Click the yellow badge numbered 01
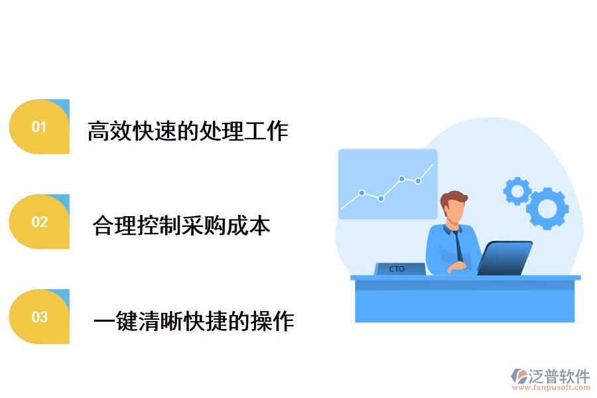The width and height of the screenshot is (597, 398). point(39,127)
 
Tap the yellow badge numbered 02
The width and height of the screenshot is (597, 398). point(39,222)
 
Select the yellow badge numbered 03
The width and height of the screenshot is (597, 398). point(39,316)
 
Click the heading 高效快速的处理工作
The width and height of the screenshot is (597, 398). point(188,131)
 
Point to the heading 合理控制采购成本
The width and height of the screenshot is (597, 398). point(182,226)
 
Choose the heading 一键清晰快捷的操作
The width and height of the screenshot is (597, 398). point(193,322)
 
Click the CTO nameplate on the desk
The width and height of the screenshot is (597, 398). point(398,269)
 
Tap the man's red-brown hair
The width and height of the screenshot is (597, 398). point(454,198)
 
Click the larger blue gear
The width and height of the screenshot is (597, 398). point(547,209)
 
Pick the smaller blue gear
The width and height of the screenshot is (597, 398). point(517,191)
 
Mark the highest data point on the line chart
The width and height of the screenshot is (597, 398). point(402,178)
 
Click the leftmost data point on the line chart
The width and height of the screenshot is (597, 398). point(362,193)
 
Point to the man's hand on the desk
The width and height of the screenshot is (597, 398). point(457,267)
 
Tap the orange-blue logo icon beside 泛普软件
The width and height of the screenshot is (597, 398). point(519,377)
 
